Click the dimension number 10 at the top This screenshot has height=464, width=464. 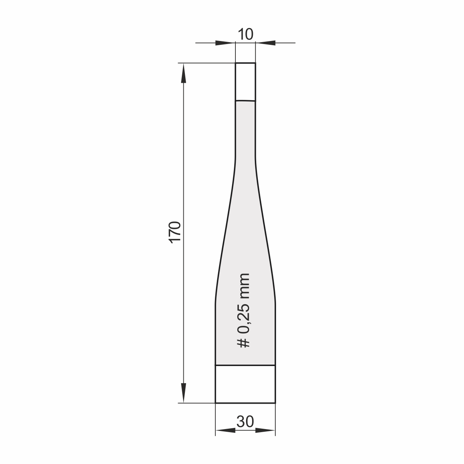pos(245,34)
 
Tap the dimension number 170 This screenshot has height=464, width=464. pos(175,232)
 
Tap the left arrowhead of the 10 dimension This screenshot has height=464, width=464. pos(225,43)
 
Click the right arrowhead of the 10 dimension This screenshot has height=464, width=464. pos(265,43)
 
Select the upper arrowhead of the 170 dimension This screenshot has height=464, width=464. pos(183,73)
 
